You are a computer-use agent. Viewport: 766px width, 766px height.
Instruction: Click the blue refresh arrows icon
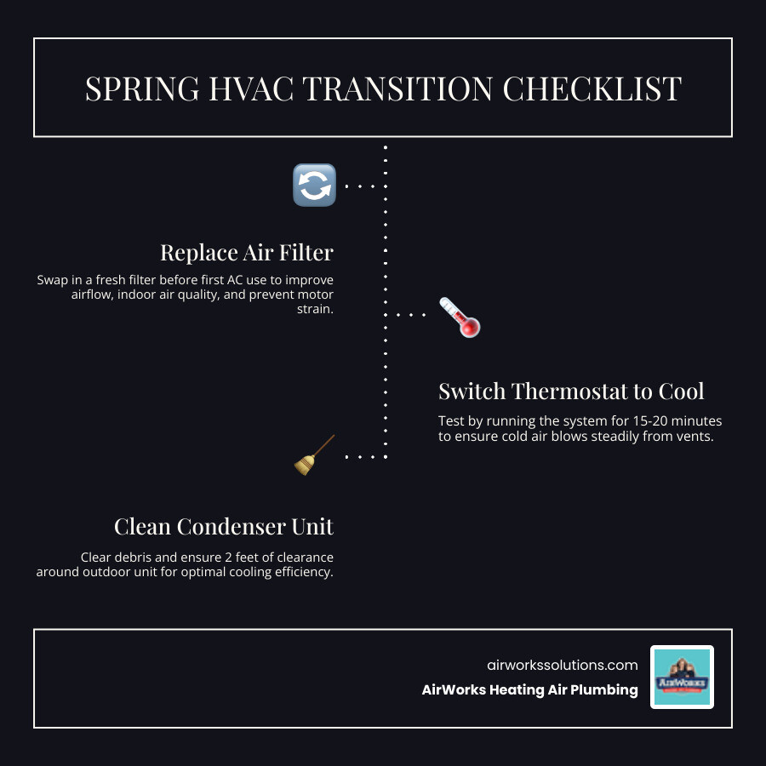coord(314,185)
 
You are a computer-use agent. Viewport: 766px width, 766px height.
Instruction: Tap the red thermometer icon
coord(459,317)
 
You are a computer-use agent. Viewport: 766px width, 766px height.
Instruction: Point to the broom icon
coord(314,454)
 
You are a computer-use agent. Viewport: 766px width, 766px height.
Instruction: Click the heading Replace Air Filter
coord(247,252)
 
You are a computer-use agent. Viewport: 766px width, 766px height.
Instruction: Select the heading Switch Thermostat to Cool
coord(571,392)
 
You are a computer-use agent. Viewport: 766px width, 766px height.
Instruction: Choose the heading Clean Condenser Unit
coord(224,527)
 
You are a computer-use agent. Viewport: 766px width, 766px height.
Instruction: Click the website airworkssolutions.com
coord(562,665)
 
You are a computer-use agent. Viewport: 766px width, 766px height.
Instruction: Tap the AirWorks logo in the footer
coord(682,677)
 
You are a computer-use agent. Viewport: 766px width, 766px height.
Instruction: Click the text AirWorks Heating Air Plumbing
coord(529,690)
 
